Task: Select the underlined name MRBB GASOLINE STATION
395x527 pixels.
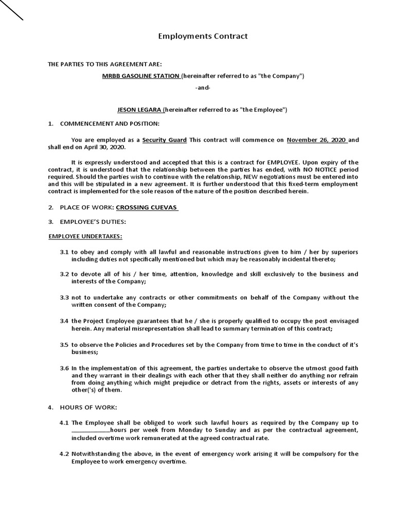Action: (x=141, y=76)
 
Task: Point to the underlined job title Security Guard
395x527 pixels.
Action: (x=165, y=140)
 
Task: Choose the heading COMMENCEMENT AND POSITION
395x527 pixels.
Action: (x=110, y=124)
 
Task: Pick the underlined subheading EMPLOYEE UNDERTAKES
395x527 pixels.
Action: (x=85, y=236)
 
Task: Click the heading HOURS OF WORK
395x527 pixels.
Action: (x=88, y=408)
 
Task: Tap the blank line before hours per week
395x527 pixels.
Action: (x=91, y=431)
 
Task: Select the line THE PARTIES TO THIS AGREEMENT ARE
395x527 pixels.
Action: (x=105, y=64)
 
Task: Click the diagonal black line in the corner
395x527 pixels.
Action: (x=11, y=10)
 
